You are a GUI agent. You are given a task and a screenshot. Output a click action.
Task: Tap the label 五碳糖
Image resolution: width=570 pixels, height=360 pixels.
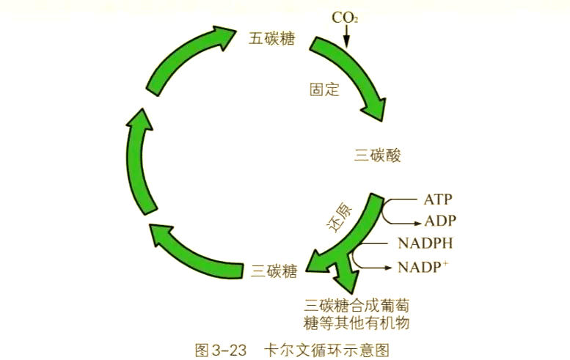tap(271, 39)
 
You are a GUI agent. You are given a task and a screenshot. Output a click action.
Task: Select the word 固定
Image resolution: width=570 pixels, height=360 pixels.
tap(324, 90)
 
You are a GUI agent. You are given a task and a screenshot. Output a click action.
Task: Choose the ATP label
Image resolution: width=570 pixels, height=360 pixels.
tap(438, 199)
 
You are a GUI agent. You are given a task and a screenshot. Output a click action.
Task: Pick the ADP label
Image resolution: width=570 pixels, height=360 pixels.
tap(439, 221)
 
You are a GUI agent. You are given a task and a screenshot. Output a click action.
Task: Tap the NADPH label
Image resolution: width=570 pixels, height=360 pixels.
tap(425, 243)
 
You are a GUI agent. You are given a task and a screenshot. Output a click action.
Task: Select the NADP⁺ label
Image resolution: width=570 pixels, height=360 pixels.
tap(423, 266)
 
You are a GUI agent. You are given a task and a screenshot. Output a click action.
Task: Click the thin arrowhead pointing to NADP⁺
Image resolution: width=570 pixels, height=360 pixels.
tap(390, 267)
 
